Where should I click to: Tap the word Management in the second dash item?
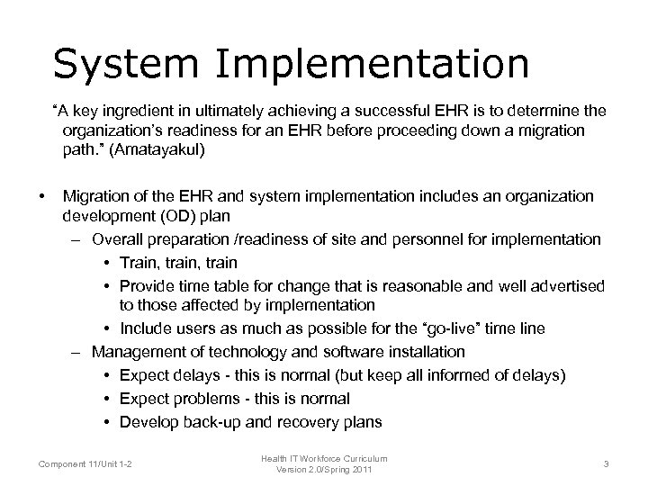click(x=136, y=352)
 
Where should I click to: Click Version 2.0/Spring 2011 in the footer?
click(x=325, y=469)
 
